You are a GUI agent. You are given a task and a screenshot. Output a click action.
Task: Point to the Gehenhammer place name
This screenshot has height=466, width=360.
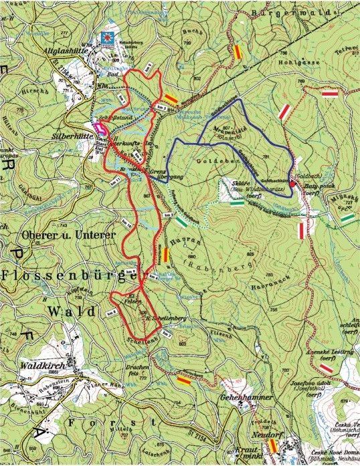[x=236, y=396]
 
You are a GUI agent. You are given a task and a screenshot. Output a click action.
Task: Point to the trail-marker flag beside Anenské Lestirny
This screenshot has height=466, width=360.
[x=326, y=368]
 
